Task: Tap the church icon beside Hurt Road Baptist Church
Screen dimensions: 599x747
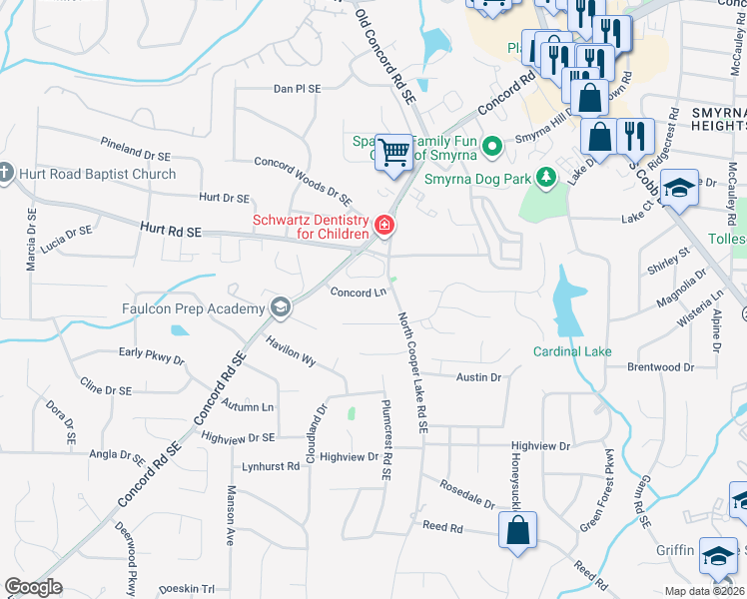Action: pyautogui.click(x=5, y=174)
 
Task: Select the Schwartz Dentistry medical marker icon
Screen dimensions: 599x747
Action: pyautogui.click(x=383, y=227)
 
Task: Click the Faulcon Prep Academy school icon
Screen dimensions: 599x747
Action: pyautogui.click(x=281, y=307)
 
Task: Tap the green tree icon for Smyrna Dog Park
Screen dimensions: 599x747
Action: pyautogui.click(x=545, y=179)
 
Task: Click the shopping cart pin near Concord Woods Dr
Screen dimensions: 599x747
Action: pyautogui.click(x=394, y=152)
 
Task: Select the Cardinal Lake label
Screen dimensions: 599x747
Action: pyautogui.click(x=571, y=351)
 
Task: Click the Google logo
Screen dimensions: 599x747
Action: pyautogui.click(x=33, y=587)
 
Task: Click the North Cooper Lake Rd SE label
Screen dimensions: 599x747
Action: pyautogui.click(x=412, y=371)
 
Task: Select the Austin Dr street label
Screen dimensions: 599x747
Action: pyautogui.click(x=478, y=377)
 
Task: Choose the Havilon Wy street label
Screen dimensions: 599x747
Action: pyautogui.click(x=291, y=350)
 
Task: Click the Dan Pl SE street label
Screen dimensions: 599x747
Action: pyautogui.click(x=298, y=89)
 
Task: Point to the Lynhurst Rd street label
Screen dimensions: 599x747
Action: pyautogui.click(x=271, y=466)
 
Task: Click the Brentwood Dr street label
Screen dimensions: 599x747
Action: pyautogui.click(x=660, y=367)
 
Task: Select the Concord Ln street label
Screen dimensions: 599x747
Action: pyautogui.click(x=358, y=293)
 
